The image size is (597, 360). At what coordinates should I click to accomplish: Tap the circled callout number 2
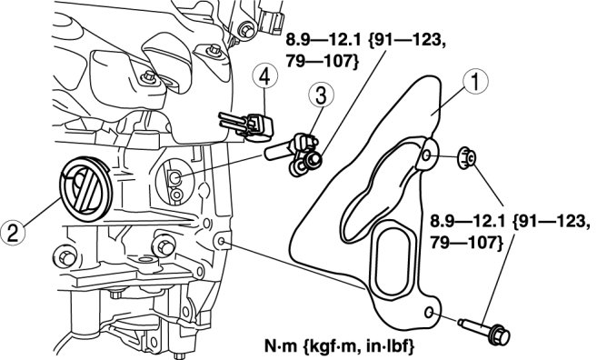pos(13,233)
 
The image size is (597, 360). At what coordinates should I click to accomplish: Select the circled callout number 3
pos(321,95)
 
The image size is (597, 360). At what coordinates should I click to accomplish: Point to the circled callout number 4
pos(264,77)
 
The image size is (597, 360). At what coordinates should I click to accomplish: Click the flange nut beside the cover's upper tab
pos(466,157)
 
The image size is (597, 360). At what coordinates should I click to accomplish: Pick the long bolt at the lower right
pos(484,331)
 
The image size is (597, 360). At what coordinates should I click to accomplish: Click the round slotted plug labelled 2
pos(85,189)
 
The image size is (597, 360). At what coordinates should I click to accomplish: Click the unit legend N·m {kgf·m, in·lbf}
pos(339,346)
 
